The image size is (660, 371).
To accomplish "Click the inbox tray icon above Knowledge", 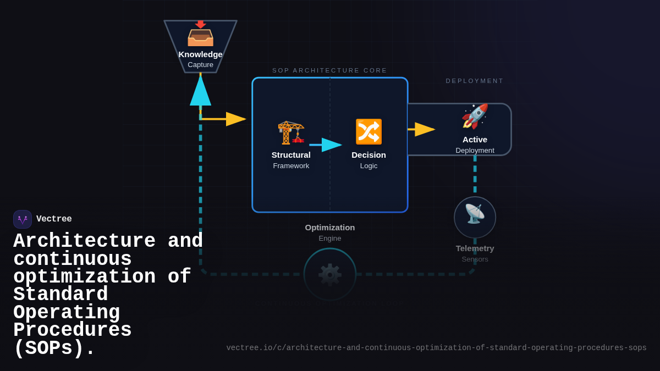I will click(x=200, y=35).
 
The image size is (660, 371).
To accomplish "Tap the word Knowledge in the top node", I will click(x=200, y=54).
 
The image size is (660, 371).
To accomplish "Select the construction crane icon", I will click(x=291, y=132).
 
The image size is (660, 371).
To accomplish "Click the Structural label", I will click(x=291, y=155).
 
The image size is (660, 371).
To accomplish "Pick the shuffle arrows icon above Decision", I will click(x=369, y=132).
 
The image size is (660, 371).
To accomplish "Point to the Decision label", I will click(x=369, y=155).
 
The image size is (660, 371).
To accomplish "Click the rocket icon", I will click(x=475, y=116).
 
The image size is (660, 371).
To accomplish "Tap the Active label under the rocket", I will click(x=475, y=140).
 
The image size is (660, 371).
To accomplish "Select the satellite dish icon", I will click(x=475, y=214).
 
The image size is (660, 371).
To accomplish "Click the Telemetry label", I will click(x=475, y=248).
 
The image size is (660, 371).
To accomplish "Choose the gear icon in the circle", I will click(x=330, y=274).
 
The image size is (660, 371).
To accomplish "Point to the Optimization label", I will click(x=330, y=228).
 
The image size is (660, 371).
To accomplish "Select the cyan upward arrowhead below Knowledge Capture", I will click(x=200, y=91).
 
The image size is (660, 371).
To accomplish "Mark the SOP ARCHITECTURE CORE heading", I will click(x=329, y=70).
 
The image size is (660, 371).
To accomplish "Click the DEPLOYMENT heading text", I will click(x=475, y=81).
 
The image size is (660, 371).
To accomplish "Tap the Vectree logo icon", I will click(x=23, y=219).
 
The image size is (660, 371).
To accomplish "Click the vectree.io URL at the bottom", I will click(x=436, y=348).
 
